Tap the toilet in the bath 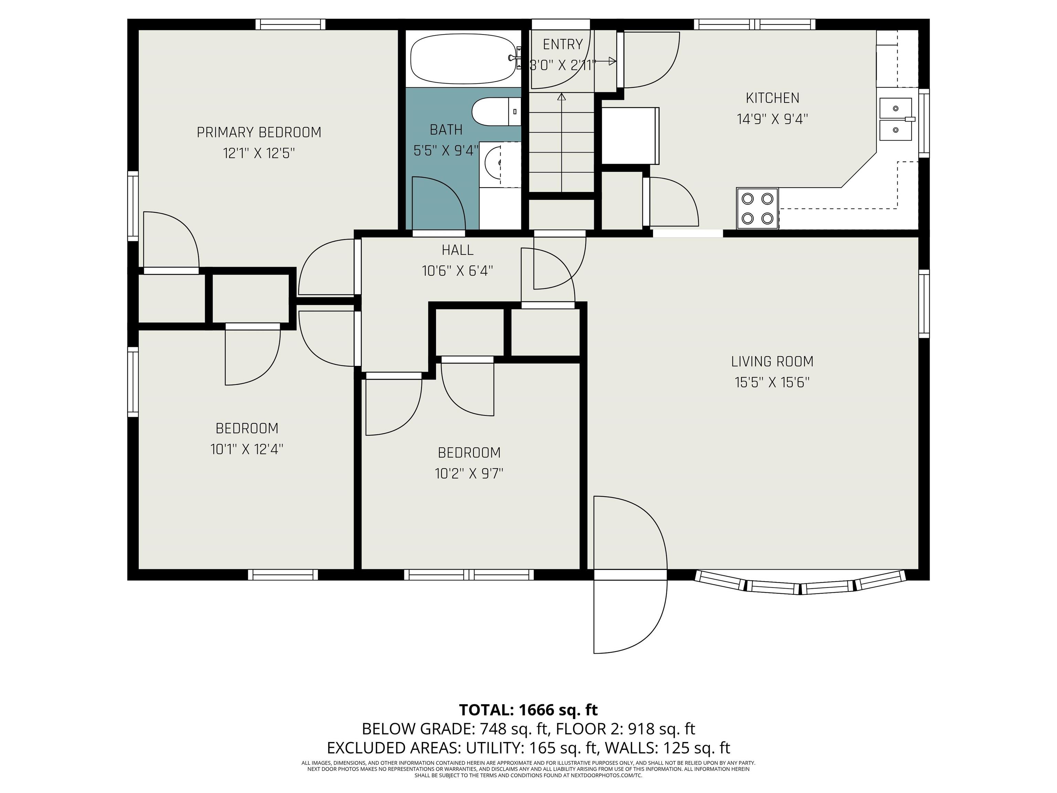click(497, 112)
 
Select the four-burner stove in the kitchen click(757, 208)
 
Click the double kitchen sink click(896, 119)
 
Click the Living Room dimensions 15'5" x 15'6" click(772, 382)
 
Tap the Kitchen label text click(772, 98)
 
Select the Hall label click(457, 250)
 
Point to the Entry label click(563, 44)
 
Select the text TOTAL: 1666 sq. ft click(528, 710)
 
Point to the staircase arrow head click(562, 97)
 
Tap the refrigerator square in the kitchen click(630, 136)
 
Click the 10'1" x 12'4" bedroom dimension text click(247, 449)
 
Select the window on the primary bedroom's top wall click(290, 24)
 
